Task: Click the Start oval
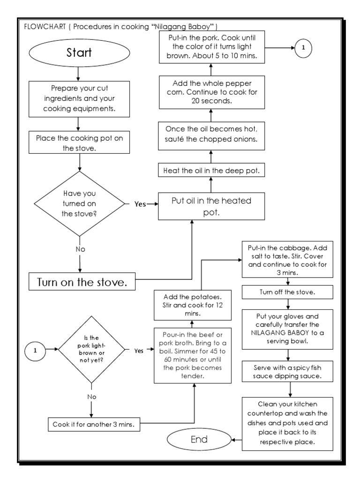pos(79,53)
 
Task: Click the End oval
pos(199,440)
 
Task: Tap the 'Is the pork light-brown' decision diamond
pos(92,349)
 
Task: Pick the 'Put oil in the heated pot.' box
pos(211,206)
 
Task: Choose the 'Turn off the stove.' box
pos(287,292)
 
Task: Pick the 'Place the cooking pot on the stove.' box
pos(79,142)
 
